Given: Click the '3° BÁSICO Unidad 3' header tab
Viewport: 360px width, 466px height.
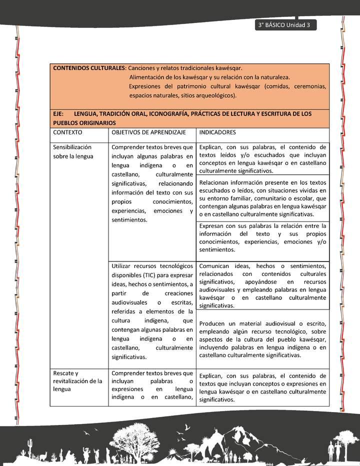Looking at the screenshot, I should coord(284,25).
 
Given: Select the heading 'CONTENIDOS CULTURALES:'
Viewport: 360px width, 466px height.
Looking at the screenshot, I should coord(89,67).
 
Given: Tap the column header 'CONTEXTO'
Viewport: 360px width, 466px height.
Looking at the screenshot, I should coord(67,132).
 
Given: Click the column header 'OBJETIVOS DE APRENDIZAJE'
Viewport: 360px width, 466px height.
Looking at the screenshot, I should coord(148,132).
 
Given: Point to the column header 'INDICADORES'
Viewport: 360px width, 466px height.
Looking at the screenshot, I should coord(218,132).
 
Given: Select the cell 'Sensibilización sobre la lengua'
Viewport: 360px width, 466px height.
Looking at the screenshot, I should coord(73,152).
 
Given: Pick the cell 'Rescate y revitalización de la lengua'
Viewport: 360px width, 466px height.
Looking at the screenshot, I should coord(77,381).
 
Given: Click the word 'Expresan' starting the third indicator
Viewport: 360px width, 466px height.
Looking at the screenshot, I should coord(212,226).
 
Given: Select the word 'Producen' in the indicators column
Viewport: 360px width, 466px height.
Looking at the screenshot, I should coord(213,323).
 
